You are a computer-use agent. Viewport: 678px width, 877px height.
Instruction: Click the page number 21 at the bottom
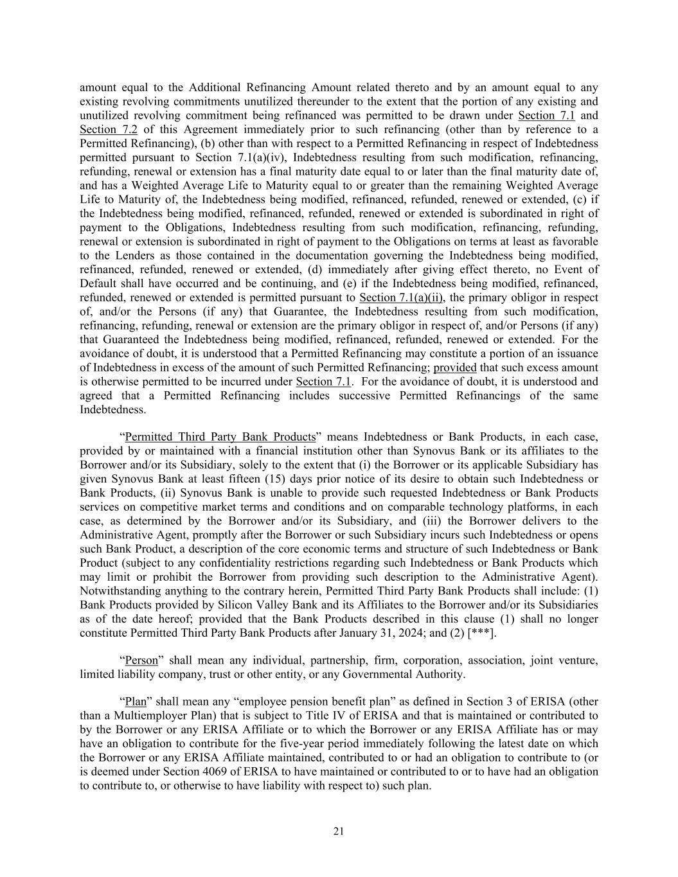tap(339, 831)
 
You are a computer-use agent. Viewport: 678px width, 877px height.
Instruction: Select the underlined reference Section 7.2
tap(108, 129)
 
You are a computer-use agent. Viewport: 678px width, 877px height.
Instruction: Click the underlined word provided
tap(455, 368)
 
